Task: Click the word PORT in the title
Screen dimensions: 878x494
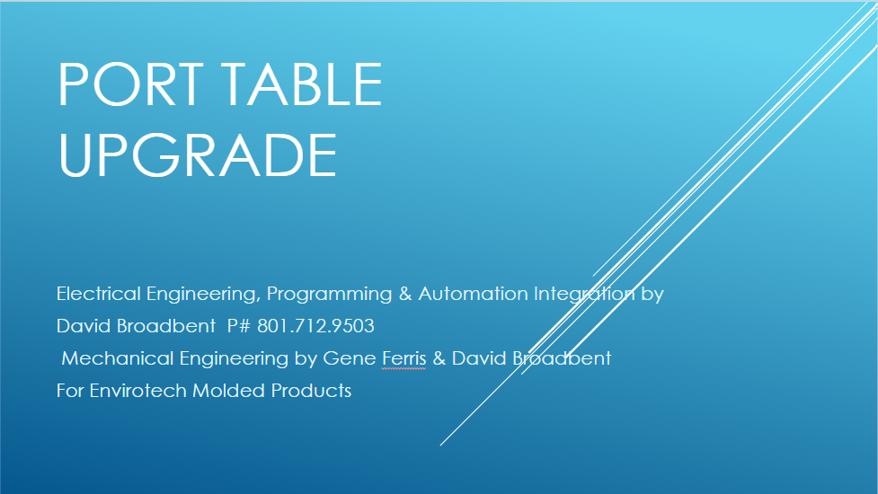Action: click(x=131, y=84)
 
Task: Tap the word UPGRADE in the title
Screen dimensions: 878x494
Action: click(x=197, y=155)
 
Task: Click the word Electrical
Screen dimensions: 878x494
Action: click(x=99, y=294)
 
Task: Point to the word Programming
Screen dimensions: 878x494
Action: click(x=329, y=295)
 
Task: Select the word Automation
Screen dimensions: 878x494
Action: click(x=474, y=294)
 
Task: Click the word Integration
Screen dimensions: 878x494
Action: click(x=584, y=295)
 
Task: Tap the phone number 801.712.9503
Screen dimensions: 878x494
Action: click(x=315, y=326)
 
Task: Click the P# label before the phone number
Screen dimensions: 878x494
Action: click(x=238, y=326)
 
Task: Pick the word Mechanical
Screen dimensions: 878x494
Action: click(x=118, y=358)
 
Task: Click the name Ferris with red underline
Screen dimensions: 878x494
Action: click(x=404, y=358)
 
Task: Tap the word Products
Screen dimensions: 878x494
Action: click(x=311, y=391)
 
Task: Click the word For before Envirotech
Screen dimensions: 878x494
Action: click(x=70, y=391)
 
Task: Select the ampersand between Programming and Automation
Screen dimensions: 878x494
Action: click(x=405, y=294)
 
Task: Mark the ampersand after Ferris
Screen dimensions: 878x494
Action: click(x=439, y=358)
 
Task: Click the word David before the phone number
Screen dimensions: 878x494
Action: click(x=84, y=326)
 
